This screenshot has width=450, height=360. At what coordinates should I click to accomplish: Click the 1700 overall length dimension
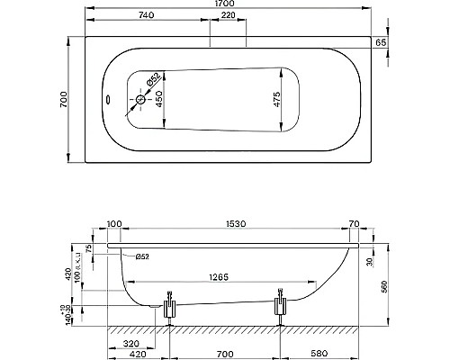[x=228, y=6]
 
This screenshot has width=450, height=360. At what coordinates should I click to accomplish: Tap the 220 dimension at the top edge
[x=228, y=18]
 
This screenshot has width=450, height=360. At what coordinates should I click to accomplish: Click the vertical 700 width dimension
[x=63, y=102]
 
